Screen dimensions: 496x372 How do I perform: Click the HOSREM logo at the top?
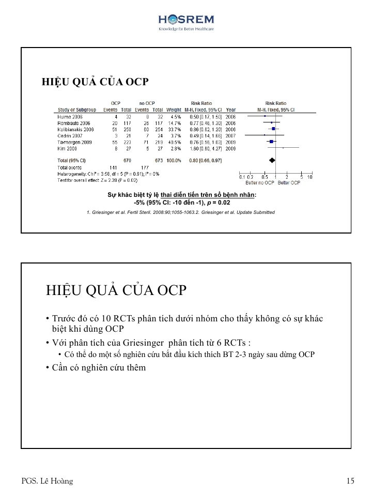tap(186, 22)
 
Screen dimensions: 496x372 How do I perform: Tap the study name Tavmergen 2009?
tap(74, 142)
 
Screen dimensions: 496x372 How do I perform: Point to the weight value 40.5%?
tap(174, 142)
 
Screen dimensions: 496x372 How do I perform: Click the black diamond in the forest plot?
tap(272, 160)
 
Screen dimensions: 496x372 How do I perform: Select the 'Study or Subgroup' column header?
tap(76, 110)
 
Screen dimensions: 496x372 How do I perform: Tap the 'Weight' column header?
tap(174, 110)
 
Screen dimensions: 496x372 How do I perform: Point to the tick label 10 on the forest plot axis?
tap(309, 177)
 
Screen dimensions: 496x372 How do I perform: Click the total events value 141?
tap(114, 167)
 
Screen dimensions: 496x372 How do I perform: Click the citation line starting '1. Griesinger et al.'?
tap(180, 212)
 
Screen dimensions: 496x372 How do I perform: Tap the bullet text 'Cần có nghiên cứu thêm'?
tap(99, 367)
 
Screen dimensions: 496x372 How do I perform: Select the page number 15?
tap(350, 481)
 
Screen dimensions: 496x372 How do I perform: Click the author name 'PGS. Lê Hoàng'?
tap(47, 481)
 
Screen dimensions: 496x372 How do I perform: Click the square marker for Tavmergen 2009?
tap(272, 141)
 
